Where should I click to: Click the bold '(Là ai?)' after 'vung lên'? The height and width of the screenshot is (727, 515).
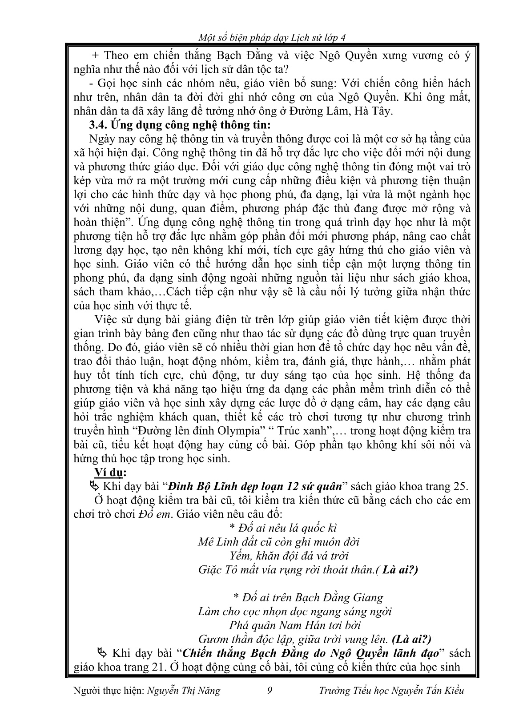(x=412, y=639)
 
